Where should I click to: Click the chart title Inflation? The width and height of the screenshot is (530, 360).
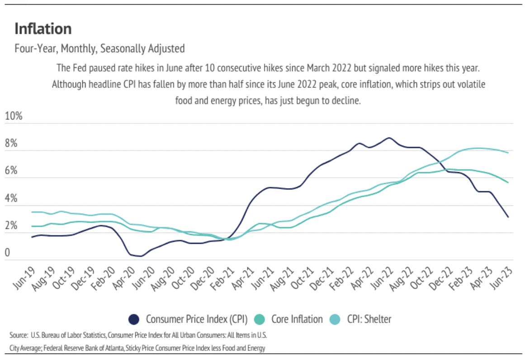[43, 29]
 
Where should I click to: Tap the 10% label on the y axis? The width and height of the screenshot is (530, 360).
[14, 116]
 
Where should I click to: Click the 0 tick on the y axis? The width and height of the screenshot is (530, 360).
[7, 253]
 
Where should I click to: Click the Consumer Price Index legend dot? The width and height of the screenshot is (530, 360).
[134, 319]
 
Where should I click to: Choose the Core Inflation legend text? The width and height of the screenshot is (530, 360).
[297, 319]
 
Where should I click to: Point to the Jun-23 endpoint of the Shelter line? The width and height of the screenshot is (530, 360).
[508, 153]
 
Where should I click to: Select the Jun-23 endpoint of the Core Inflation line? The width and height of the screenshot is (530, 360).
[508, 183]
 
